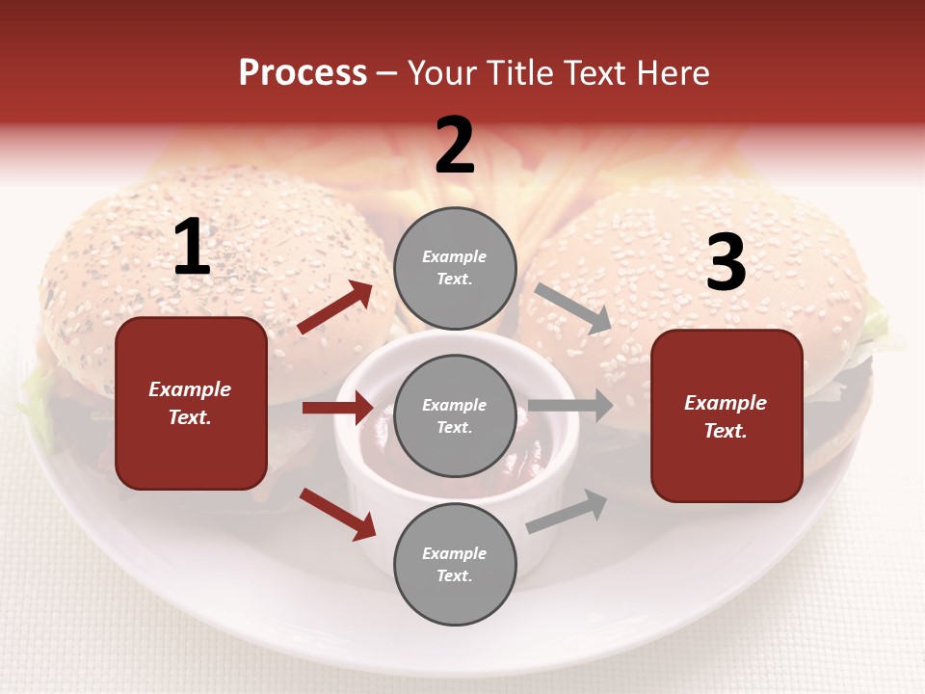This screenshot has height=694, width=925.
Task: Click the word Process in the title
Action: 303,73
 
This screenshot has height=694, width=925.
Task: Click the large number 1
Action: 192,249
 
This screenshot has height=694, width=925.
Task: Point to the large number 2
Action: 455,147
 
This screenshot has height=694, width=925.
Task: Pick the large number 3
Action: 726,263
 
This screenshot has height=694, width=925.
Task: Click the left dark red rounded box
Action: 191,403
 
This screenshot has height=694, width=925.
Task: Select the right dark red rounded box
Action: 727,415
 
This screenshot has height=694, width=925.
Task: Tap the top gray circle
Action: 455,268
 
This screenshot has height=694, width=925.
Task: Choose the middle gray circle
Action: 455,415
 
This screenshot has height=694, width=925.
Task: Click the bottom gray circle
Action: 455,564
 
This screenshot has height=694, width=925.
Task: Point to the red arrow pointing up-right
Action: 335,307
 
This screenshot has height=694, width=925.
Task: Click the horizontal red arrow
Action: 337,408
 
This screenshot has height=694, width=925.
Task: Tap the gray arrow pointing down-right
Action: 572,308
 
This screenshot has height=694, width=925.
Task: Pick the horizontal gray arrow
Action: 570,406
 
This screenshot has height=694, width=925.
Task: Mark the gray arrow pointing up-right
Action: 567,511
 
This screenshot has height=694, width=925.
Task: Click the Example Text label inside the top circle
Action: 455,268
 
